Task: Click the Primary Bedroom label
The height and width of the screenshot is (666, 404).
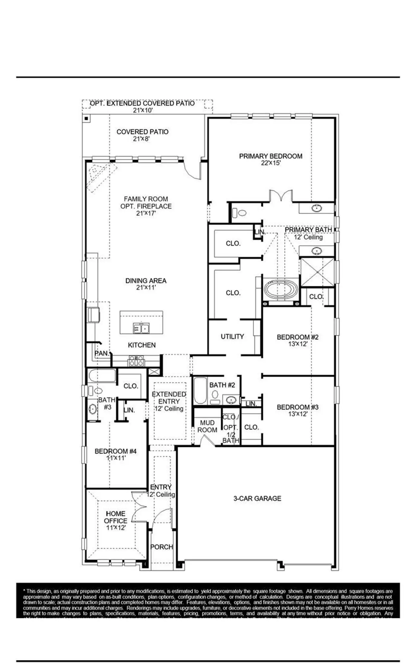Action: click(x=270, y=156)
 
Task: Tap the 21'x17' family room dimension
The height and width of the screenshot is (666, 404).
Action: click(x=146, y=213)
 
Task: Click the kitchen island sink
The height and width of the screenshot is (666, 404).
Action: click(x=141, y=328)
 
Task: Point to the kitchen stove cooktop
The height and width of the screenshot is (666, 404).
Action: click(x=136, y=361)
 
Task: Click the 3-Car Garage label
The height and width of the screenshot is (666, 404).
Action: click(x=257, y=498)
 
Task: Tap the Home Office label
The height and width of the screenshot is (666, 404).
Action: click(x=116, y=517)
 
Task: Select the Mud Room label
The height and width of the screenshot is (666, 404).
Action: click(x=207, y=426)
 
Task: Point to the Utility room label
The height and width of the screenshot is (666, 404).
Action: click(x=232, y=336)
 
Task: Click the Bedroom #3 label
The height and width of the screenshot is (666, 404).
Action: click(x=298, y=407)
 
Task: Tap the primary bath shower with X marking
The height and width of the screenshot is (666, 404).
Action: click(x=317, y=272)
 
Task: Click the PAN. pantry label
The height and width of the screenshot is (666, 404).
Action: click(x=102, y=353)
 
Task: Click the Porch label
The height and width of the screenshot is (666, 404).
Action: click(x=162, y=547)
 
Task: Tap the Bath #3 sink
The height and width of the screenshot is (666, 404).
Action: click(x=92, y=409)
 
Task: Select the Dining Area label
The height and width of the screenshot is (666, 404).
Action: click(x=146, y=281)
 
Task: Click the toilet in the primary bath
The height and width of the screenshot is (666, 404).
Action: click(x=241, y=213)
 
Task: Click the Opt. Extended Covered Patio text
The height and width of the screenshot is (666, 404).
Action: click(x=142, y=103)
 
